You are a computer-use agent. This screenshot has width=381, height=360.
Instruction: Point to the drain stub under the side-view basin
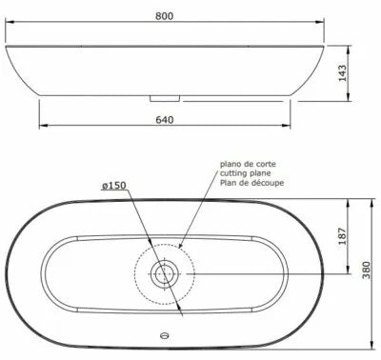pos(166,96)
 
